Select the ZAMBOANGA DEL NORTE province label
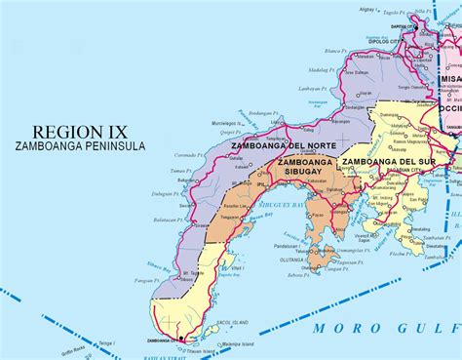[x=275, y=145]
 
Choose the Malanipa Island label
[x=235, y=344]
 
